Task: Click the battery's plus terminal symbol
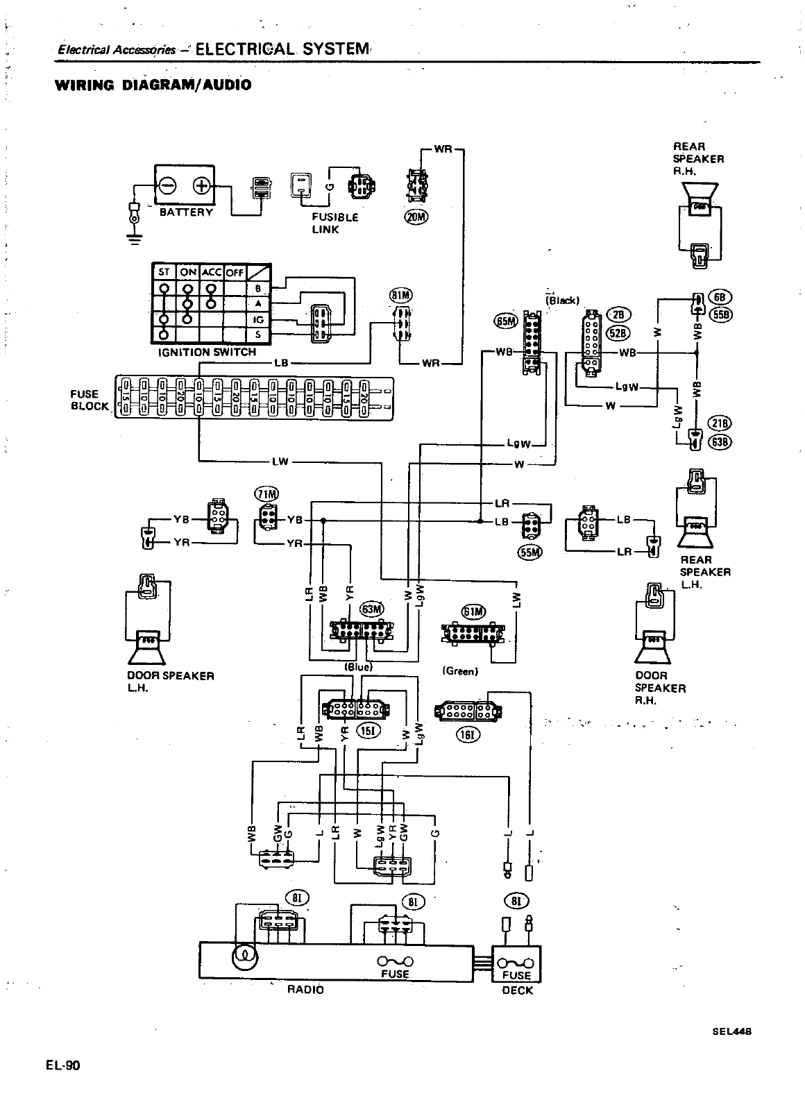tap(201, 186)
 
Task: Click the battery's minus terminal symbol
tap(168, 186)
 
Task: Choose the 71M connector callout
tap(266, 494)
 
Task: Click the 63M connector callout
tap(372, 609)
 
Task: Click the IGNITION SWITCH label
tap(207, 352)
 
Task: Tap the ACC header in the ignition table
tap(210, 272)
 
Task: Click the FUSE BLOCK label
tap(90, 400)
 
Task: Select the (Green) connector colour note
tap(460, 671)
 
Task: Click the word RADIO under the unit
tap(305, 989)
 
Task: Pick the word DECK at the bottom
tap(517, 990)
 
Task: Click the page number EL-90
tap(64, 1065)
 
